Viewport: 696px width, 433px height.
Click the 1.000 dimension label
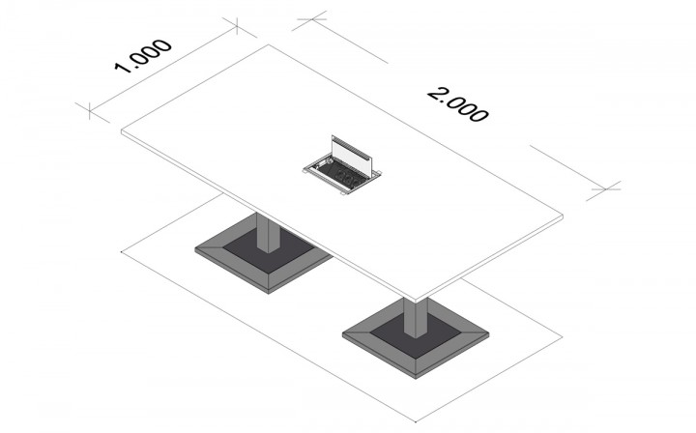[143, 56]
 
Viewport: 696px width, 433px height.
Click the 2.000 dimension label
[458, 104]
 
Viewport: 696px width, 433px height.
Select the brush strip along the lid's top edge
[351, 146]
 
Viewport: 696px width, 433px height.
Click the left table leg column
[268, 233]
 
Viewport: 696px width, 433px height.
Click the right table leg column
[416, 317]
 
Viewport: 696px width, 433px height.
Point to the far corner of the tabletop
[269, 44]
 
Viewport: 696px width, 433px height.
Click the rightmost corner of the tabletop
[563, 216]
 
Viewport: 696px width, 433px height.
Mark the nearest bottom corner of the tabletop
[416, 303]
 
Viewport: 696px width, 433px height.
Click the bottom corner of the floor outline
[416, 421]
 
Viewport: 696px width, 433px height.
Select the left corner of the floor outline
[122, 251]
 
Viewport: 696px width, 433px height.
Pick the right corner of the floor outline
[563, 336]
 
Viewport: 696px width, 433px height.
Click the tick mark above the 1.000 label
[238, 26]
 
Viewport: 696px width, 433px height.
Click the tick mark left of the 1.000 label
[90, 111]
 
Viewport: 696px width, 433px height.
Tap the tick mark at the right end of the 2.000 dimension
[605, 189]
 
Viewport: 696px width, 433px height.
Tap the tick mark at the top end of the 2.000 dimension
[312, 19]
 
